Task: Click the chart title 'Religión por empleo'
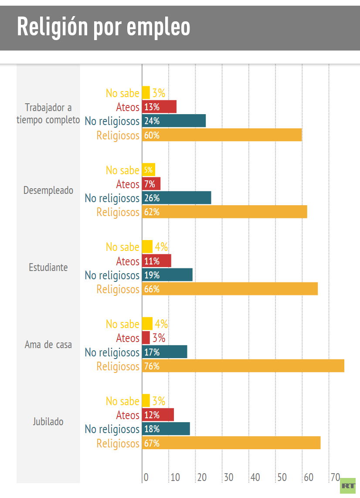click(104, 27)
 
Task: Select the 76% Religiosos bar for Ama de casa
click(243, 366)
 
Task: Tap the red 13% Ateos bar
click(159, 107)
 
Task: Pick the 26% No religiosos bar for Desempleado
click(177, 198)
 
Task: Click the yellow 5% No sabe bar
click(149, 170)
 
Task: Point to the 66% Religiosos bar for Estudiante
click(230, 289)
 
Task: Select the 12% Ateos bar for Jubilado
click(158, 415)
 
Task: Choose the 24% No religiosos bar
click(174, 121)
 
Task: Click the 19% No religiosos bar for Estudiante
click(167, 275)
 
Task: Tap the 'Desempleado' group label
click(48, 190)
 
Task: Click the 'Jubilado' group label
click(48, 421)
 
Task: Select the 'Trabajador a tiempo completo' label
click(48, 113)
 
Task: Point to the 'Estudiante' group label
click(48, 267)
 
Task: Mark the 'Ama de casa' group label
click(48, 345)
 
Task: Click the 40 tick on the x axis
click(255, 477)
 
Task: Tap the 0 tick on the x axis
click(146, 477)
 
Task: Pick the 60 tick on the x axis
click(309, 477)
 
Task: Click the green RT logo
click(348, 485)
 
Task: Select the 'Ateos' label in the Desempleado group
click(128, 184)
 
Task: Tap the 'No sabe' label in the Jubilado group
click(122, 401)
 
